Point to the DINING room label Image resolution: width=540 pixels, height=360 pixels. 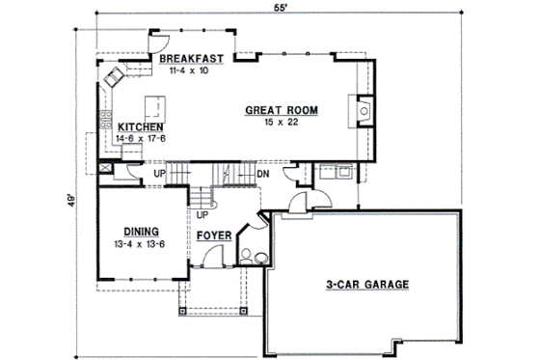141,231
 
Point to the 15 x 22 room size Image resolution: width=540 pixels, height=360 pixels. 282,124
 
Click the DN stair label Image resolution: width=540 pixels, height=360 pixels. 262,174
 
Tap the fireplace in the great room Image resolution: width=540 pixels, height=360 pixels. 363,111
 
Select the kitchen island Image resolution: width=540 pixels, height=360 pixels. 152,104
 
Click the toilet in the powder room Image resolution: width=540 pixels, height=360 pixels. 247,257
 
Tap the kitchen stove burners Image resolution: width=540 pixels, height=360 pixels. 101,121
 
